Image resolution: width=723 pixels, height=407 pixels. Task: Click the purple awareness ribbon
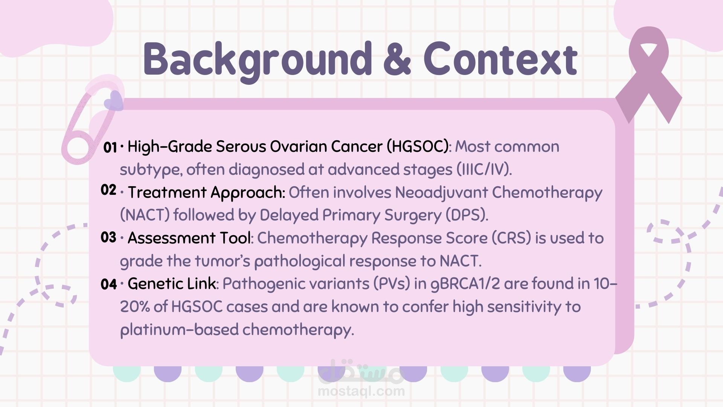pyautogui.click(x=649, y=75)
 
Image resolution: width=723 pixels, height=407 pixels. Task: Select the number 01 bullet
pyautogui.click(x=110, y=147)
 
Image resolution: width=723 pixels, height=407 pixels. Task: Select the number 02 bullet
pyautogui.click(x=108, y=190)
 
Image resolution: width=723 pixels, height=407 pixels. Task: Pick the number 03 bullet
pyautogui.click(x=108, y=237)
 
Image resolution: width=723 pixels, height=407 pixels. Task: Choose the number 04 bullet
pyautogui.click(x=109, y=284)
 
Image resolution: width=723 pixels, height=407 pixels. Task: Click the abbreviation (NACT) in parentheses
pyautogui.click(x=145, y=215)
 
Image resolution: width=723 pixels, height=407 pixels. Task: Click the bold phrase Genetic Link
pyautogui.click(x=172, y=284)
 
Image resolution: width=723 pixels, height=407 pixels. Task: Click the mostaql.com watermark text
pyautogui.click(x=361, y=391)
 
